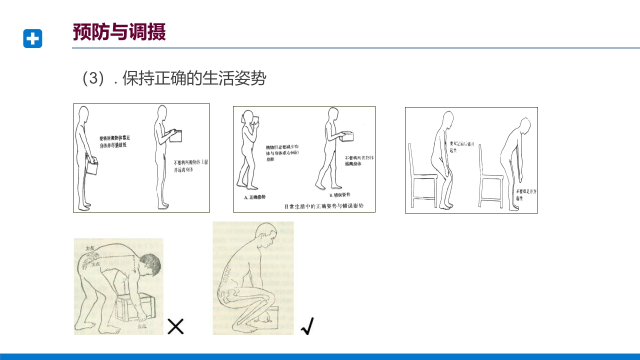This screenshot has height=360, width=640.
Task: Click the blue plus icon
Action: (x=32, y=38)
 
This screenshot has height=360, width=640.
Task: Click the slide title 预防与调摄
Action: (x=119, y=32)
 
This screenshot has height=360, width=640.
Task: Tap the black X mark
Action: (x=175, y=326)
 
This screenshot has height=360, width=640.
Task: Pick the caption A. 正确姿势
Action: (x=254, y=197)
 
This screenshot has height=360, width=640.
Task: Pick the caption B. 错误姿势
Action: (x=340, y=194)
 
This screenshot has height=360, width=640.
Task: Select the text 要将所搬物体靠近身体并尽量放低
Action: (x=114, y=141)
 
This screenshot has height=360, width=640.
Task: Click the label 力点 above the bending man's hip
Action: (x=90, y=248)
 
